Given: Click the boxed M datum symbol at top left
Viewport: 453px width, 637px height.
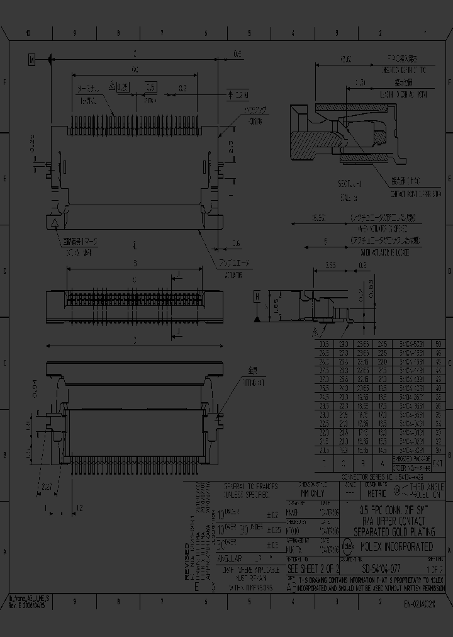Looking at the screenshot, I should (31, 59).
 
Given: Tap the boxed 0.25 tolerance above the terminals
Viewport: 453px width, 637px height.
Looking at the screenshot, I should (123, 87).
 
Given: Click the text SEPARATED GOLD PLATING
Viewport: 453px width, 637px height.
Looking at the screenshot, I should (393, 532).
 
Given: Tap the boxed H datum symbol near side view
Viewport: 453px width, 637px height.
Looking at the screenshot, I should (257, 295).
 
